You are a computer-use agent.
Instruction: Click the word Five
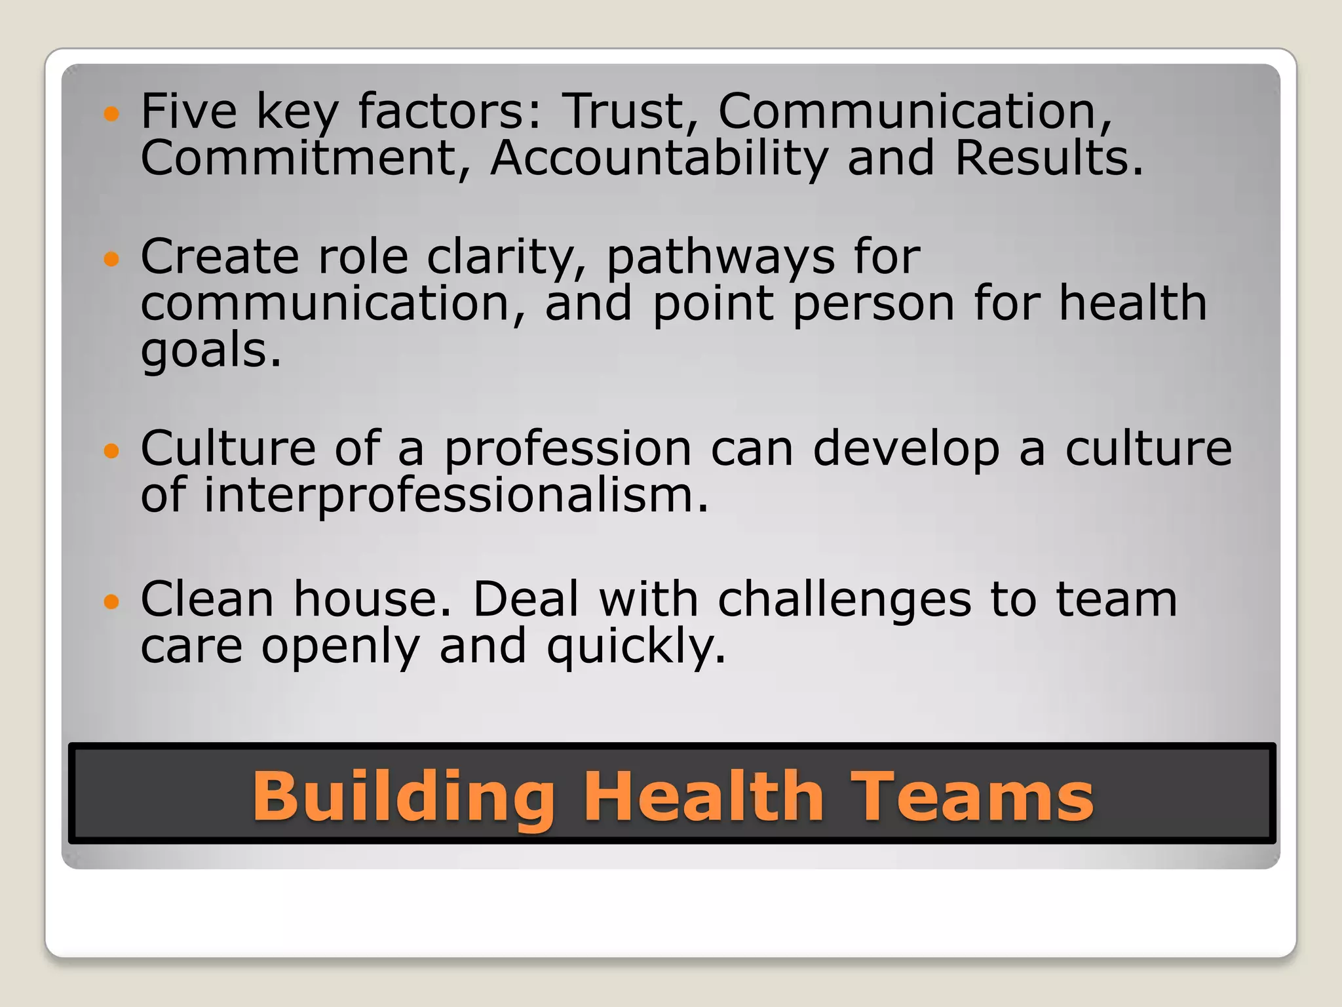pyautogui.click(x=189, y=111)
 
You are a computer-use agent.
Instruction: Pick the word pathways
pyautogui.click(x=720, y=257)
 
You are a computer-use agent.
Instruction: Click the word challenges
pyautogui.click(x=845, y=601)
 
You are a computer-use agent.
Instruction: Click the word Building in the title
pyautogui.click(x=404, y=796)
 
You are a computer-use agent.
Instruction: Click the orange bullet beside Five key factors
pyautogui.click(x=112, y=114)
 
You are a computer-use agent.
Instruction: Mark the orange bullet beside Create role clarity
pyautogui.click(x=112, y=259)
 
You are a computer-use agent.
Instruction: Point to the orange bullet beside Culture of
pyautogui.click(x=112, y=451)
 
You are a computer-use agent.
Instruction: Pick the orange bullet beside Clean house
pyautogui.click(x=112, y=601)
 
